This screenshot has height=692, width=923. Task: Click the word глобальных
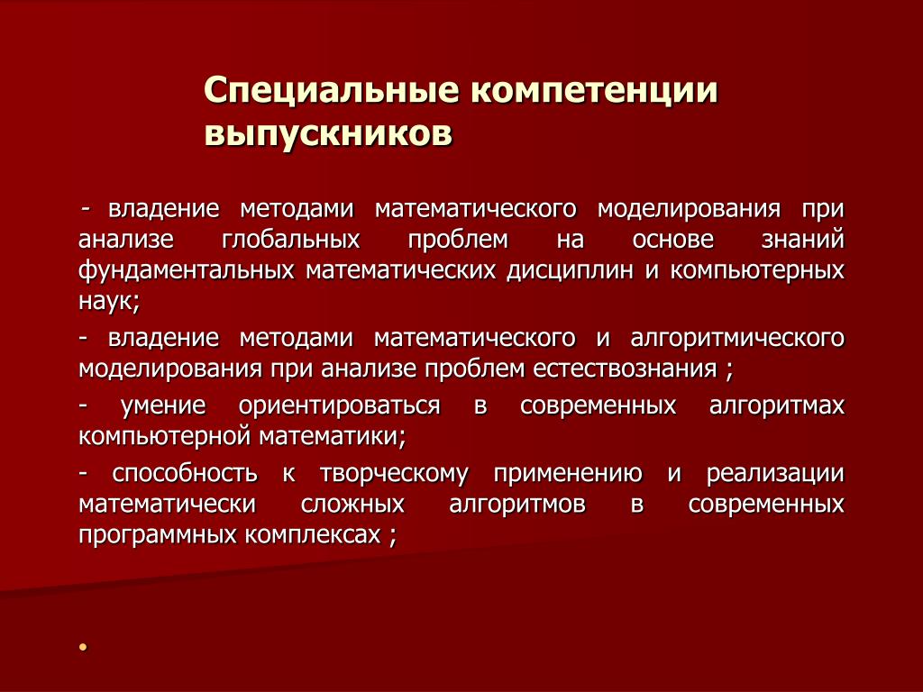[x=291, y=240]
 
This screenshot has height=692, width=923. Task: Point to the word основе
[x=672, y=240]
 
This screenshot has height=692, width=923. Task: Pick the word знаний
[x=803, y=240]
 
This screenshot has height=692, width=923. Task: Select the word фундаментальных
[x=186, y=270]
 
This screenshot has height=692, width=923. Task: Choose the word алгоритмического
[x=737, y=339]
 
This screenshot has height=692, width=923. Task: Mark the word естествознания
[x=626, y=369]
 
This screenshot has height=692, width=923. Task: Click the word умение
[x=163, y=406]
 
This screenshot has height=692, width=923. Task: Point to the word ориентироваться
[x=340, y=406]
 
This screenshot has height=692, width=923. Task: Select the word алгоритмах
[x=777, y=406]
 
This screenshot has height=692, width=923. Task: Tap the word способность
[x=185, y=474]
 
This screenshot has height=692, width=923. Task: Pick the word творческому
[x=395, y=474]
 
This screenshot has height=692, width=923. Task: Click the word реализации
[x=776, y=474]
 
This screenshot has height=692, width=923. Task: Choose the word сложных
[x=352, y=505]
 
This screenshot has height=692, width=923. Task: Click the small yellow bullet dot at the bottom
[x=83, y=647]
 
